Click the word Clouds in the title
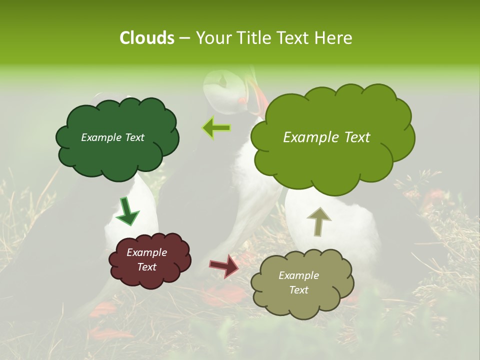click(x=146, y=38)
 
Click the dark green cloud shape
click(x=117, y=155)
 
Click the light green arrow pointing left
click(x=216, y=128)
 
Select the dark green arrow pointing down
click(x=127, y=211)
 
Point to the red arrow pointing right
click(x=224, y=265)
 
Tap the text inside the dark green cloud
click(x=112, y=137)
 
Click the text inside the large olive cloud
click(x=326, y=137)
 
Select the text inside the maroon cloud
click(x=146, y=259)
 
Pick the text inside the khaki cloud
click(x=298, y=282)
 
